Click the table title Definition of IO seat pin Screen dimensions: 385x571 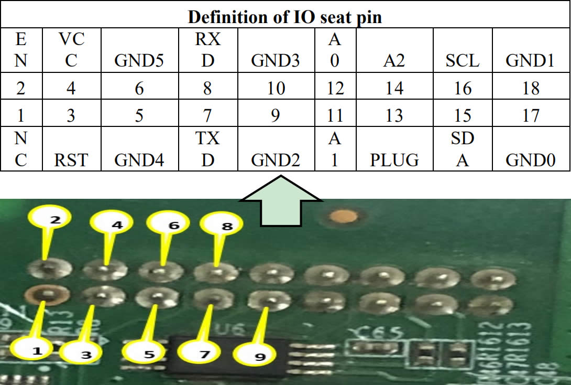[x=285, y=17]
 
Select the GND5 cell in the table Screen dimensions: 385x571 [x=139, y=61]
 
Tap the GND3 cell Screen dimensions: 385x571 [x=276, y=61]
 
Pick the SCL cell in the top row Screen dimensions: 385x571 [x=463, y=61]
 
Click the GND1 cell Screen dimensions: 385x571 [x=530, y=61]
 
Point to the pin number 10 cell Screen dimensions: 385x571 [x=276, y=88]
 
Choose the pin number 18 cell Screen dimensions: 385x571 [x=531, y=88]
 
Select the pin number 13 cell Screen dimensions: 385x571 [x=394, y=114]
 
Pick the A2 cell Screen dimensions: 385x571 [x=394, y=61]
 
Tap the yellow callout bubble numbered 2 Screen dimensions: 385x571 [x=55, y=220]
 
